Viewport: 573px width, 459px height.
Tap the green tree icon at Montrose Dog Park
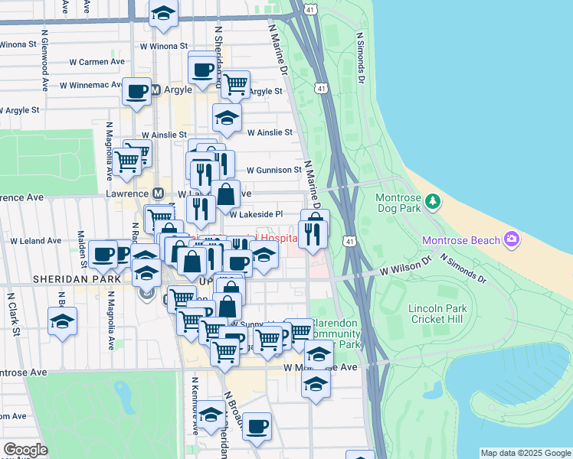(434, 201)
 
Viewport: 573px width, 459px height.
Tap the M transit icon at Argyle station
(155, 90)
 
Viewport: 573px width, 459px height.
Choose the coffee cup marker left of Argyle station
(137, 92)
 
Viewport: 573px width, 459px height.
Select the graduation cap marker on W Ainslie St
(227, 118)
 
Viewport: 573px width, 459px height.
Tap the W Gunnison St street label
(273, 170)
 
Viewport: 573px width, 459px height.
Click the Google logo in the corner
(25, 450)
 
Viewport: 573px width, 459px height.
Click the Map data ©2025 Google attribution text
(525, 453)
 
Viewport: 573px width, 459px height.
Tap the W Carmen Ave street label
(97, 60)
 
